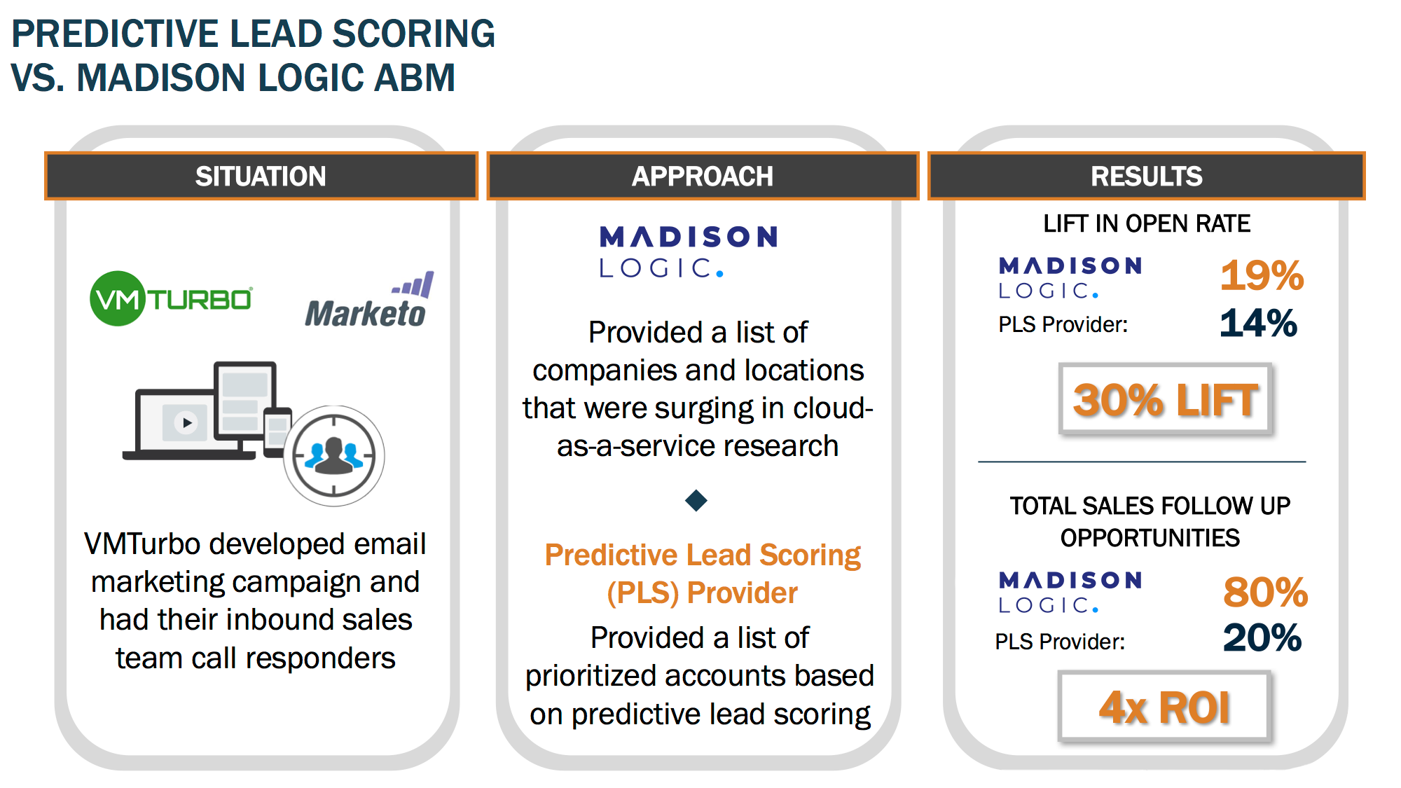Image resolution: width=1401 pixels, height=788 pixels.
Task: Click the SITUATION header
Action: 261,176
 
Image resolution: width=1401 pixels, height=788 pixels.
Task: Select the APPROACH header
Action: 703,176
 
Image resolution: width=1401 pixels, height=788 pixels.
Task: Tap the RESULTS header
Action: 1147,176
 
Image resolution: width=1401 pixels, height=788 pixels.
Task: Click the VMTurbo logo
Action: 171,298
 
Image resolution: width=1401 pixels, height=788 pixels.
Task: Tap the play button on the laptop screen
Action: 186,422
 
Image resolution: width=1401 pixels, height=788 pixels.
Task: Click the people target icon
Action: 334,456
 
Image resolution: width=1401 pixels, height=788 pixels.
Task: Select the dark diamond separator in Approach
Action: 696,500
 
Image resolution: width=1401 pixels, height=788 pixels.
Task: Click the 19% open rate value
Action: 1262,275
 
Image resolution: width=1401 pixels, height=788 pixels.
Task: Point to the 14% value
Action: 1258,324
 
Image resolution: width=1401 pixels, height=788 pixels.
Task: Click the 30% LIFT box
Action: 1165,399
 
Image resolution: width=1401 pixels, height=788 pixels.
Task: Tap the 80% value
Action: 1265,592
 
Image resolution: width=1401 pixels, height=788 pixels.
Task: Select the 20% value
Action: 1262,638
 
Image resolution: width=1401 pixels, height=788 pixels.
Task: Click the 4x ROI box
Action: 1164,706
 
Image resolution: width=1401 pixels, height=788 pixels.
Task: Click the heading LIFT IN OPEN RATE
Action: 1147,223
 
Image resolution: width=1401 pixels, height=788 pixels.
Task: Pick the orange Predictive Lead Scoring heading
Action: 703,574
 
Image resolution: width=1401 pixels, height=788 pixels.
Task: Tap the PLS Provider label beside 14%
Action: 1063,324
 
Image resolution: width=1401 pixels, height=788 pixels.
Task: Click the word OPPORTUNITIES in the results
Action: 1150,538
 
